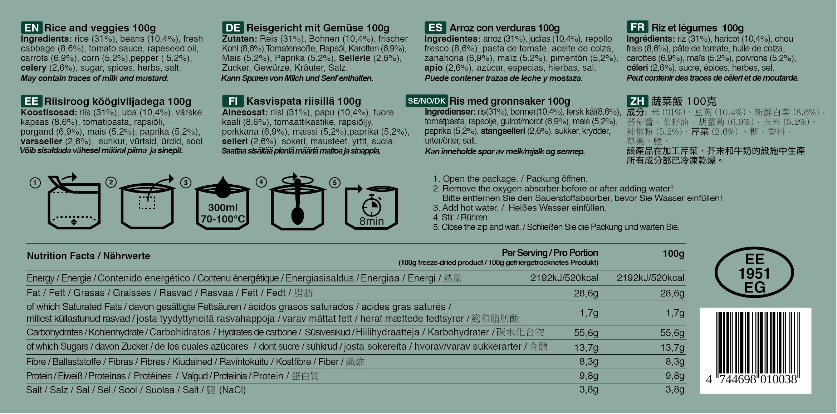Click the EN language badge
[31, 28]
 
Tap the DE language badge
[233, 28]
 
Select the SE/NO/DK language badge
[426, 101]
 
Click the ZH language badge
[637, 101]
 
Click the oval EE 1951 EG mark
[754, 273]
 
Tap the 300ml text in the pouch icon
[223, 208]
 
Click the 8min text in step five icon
[372, 221]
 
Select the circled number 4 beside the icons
[261, 182]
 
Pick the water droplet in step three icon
[222, 188]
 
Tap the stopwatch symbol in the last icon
[372, 205]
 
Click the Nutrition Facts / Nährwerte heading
[88, 256]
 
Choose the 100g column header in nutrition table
[673, 254]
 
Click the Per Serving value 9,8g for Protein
[588, 376]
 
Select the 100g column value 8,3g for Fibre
[675, 361]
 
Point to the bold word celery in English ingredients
[34, 68]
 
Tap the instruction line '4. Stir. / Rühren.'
[461, 218]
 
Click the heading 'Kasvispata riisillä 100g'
[303, 101]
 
